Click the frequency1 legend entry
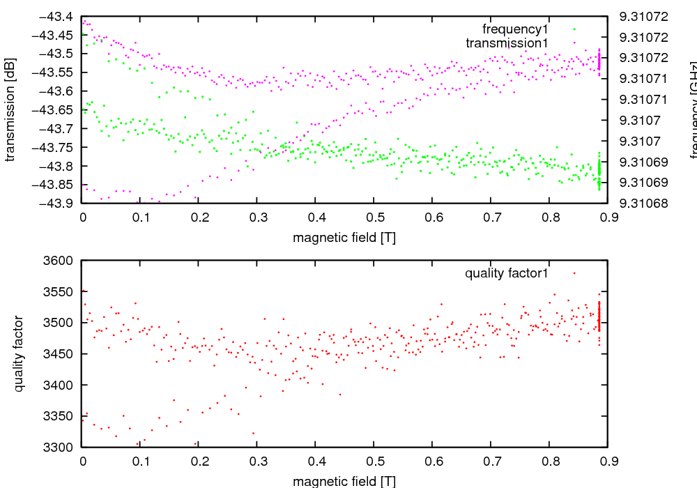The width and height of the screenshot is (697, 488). (x=515, y=29)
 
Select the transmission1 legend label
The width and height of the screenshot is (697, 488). (x=507, y=43)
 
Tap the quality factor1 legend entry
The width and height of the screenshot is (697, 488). (x=507, y=273)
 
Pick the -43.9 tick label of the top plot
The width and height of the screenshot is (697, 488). (x=59, y=203)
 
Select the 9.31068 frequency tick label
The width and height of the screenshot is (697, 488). (x=644, y=204)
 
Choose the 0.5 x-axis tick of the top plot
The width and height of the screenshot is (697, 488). (x=374, y=217)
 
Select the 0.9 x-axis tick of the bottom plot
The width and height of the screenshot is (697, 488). (x=607, y=461)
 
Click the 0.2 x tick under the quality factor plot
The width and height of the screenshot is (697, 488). (x=199, y=461)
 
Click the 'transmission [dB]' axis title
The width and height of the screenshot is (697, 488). (x=10, y=109)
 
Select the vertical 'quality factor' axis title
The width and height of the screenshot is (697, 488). (x=19, y=353)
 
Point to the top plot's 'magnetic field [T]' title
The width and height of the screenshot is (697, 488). (x=344, y=237)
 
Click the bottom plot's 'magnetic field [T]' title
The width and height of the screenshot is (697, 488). (x=344, y=481)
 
